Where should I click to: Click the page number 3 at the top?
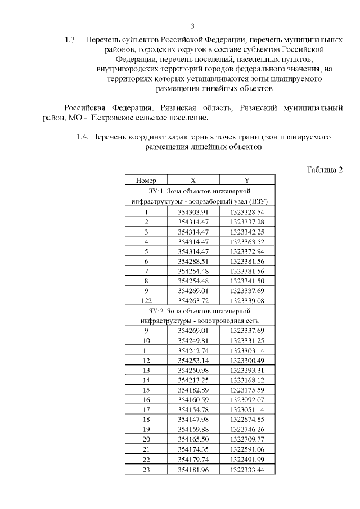(x=192, y=26)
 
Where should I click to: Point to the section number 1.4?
(x=82, y=137)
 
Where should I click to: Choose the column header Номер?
(x=146, y=181)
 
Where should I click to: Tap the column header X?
(x=193, y=181)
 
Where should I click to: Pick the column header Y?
(x=247, y=181)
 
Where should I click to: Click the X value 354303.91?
(x=193, y=212)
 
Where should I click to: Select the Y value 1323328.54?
(x=247, y=212)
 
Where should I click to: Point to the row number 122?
(x=146, y=301)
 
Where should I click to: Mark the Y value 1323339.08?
(x=247, y=301)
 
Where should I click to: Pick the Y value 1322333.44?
(x=247, y=469)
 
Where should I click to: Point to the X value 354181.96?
(x=193, y=469)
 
